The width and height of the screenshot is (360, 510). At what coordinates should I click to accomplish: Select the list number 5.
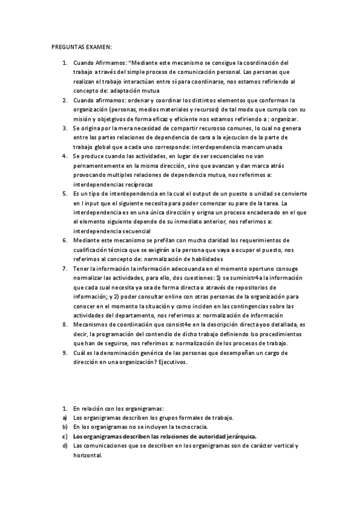(x=64, y=194)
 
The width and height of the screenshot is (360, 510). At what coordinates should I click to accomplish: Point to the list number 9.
(x=64, y=353)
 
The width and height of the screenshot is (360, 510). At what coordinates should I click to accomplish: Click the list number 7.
(x=64, y=269)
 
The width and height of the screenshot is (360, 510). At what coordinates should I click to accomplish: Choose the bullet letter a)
(x=64, y=417)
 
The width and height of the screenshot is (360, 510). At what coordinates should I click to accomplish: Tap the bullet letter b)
(x=64, y=426)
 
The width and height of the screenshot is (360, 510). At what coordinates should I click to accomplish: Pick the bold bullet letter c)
(x=64, y=436)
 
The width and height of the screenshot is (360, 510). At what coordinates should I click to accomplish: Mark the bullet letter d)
(x=64, y=446)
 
